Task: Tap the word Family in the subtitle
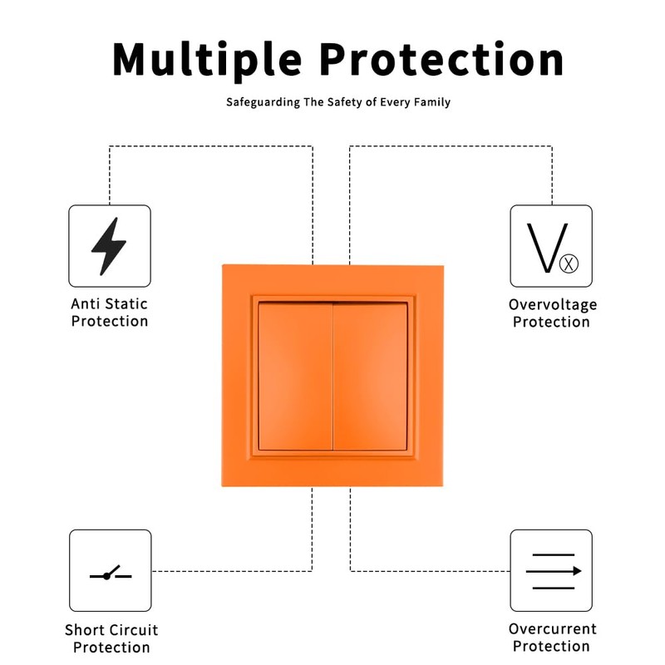click(431, 102)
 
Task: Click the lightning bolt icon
click(109, 246)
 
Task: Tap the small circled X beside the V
click(569, 264)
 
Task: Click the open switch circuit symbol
click(110, 573)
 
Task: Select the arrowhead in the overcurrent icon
click(576, 571)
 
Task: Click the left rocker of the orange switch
click(295, 377)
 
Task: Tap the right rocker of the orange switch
click(371, 377)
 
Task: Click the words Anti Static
click(110, 304)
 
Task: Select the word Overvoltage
click(552, 304)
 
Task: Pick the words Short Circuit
click(111, 630)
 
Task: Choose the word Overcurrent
click(552, 628)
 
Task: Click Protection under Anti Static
click(110, 322)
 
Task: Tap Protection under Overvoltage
click(551, 322)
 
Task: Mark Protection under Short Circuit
click(111, 648)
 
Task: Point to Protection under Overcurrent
click(551, 646)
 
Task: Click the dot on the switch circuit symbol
click(106, 576)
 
